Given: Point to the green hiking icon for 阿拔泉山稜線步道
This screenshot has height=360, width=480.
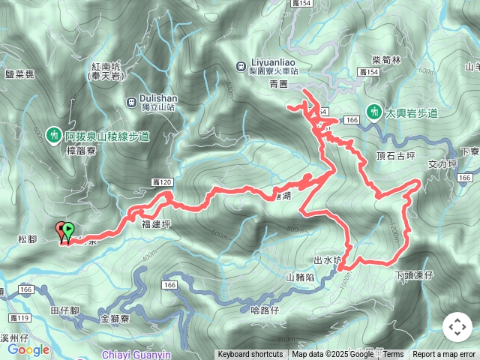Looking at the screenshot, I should (53, 136).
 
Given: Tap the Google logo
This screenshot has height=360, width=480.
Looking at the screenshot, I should (28, 349).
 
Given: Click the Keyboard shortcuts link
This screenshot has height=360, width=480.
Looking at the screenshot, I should (250, 355).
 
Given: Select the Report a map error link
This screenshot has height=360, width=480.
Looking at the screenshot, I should (444, 355).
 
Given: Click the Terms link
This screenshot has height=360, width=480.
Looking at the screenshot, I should (393, 355).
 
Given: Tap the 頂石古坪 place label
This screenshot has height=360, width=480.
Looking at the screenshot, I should (395, 156).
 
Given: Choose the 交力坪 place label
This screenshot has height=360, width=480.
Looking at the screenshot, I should (442, 163).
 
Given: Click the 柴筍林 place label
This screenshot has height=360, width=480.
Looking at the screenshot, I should (387, 58).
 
